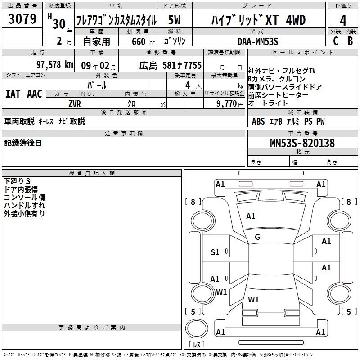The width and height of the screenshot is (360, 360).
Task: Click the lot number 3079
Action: [22, 19]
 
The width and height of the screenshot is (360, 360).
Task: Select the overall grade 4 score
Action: [343, 21]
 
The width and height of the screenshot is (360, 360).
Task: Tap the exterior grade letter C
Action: [336, 41]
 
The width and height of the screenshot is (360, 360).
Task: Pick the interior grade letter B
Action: [350, 41]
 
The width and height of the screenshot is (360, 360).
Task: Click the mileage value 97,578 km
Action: [55, 65]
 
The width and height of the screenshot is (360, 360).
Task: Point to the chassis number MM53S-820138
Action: [302, 143]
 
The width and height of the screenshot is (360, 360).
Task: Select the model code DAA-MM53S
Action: [258, 41]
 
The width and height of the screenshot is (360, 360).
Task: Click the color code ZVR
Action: [75, 104]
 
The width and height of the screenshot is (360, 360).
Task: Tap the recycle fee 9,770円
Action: [230, 104]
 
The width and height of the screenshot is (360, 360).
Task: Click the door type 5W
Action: [174, 20]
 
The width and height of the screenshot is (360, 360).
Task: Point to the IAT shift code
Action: [13, 94]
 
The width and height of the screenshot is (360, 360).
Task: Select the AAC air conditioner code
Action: [35, 94]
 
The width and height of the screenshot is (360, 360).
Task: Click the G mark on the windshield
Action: [257, 237]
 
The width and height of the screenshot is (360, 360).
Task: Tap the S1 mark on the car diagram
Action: [215, 252]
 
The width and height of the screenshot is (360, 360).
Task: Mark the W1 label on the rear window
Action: [253, 299]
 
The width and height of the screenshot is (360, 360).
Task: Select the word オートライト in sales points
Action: [268, 103]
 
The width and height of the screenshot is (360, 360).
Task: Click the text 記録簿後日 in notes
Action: [23, 143]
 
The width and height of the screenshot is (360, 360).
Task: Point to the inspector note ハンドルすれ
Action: [24, 206]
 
